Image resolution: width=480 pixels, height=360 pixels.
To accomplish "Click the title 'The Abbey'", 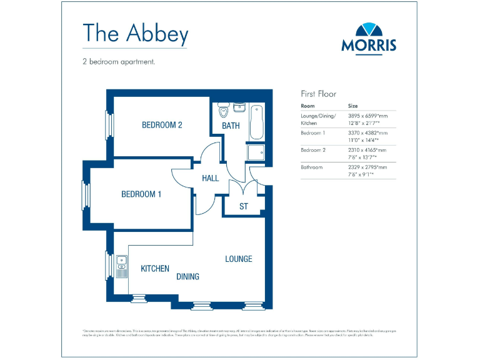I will tap(135, 34).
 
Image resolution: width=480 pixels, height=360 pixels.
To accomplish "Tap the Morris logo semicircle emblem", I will tap(369, 30).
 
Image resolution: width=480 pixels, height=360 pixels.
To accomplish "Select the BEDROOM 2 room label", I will tap(162, 125).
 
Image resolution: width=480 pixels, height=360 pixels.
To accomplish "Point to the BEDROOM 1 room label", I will tap(141, 194).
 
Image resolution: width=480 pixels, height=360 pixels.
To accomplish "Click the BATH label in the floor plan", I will tap(231, 126).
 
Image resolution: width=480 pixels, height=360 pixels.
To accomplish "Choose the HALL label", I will tap(211, 178).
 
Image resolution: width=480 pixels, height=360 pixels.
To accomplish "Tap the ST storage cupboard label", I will tap(244, 206).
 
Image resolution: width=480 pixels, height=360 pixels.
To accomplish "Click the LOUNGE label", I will tap(239, 259).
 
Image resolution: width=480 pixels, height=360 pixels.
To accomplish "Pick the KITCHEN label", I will tap(155, 269).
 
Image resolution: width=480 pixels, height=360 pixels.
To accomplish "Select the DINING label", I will tap(187, 276).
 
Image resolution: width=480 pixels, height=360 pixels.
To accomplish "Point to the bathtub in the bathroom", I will tap(257, 123).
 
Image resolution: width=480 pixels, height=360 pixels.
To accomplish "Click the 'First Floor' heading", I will tap(319, 94).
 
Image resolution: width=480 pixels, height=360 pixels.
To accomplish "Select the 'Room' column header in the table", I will tap(308, 106).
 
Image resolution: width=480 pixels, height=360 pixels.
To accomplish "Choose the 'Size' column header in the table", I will tap(353, 106).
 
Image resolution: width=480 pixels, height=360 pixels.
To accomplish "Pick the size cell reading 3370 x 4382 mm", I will tap(367, 133).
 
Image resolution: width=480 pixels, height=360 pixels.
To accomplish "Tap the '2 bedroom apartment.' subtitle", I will tap(118, 62).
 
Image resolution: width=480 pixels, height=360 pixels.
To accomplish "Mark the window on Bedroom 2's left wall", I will tap(111, 124).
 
